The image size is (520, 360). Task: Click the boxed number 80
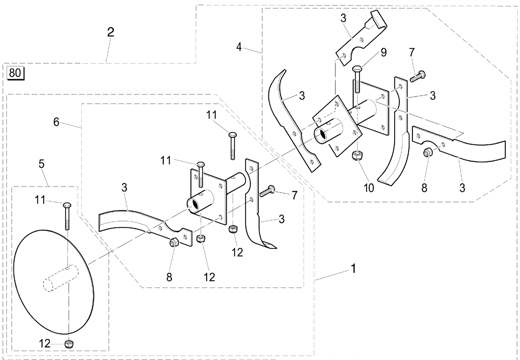[x=16, y=73]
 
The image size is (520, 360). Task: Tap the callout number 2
[x=111, y=32]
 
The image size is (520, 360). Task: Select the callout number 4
[x=239, y=47]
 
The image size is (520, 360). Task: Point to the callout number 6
[x=56, y=122]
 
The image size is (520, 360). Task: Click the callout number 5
[x=41, y=164]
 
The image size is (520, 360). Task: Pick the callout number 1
[x=353, y=269]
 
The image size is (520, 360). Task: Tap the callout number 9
[x=384, y=53]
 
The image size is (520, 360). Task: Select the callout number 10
[x=369, y=188]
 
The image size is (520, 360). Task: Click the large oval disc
[x=54, y=282]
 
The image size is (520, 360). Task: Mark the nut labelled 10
[x=357, y=155]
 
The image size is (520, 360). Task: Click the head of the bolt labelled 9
[x=357, y=69]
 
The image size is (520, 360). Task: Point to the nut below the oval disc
[x=69, y=344]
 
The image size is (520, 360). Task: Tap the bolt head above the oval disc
[x=67, y=205]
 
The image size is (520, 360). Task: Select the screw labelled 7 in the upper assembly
[x=418, y=76]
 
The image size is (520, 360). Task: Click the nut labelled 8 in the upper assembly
[x=428, y=152]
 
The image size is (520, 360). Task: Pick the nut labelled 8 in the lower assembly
[x=174, y=242]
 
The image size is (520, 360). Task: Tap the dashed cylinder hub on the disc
[x=60, y=278]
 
